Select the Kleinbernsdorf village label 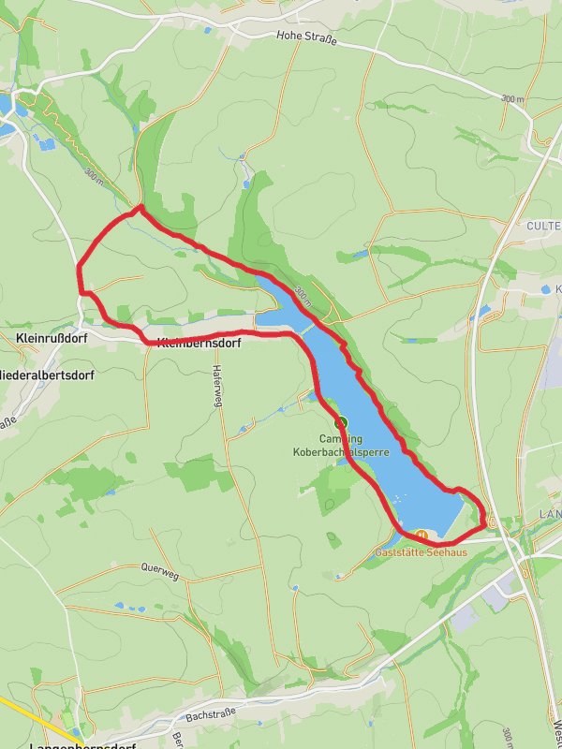tap(200, 344)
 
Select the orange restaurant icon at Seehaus tap(421, 536)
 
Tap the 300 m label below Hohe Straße tap(512, 99)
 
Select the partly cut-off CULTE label tap(543, 227)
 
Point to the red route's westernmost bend tap(79, 272)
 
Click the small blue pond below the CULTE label tap(547, 290)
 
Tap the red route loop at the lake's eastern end tap(484, 514)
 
